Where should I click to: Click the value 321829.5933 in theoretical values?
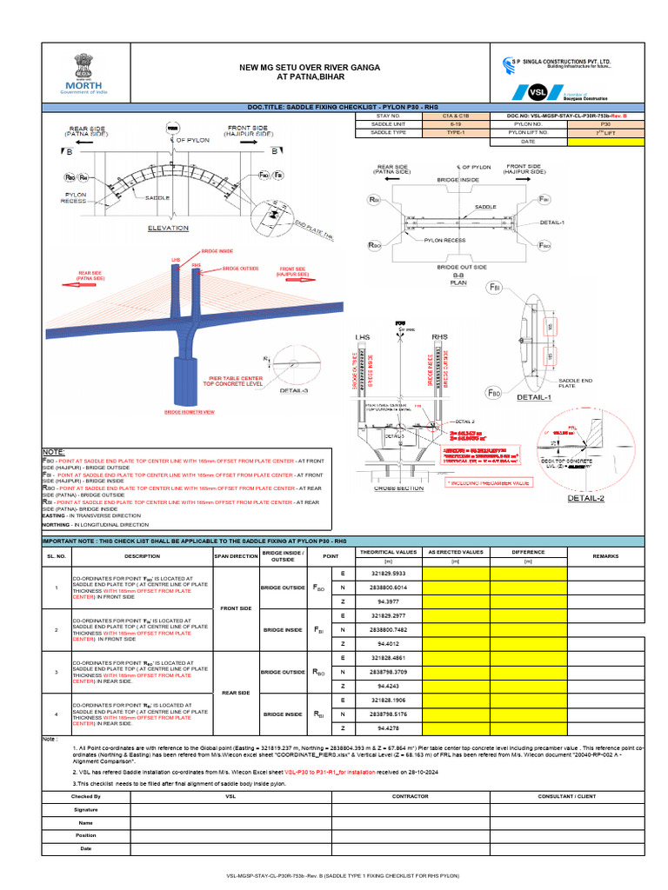[388, 575]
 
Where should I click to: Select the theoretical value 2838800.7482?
[388, 629]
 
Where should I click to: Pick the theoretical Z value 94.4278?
[388, 727]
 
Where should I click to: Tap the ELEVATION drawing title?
[168, 228]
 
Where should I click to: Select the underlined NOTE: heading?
[53, 452]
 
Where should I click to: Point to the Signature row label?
[85, 808]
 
